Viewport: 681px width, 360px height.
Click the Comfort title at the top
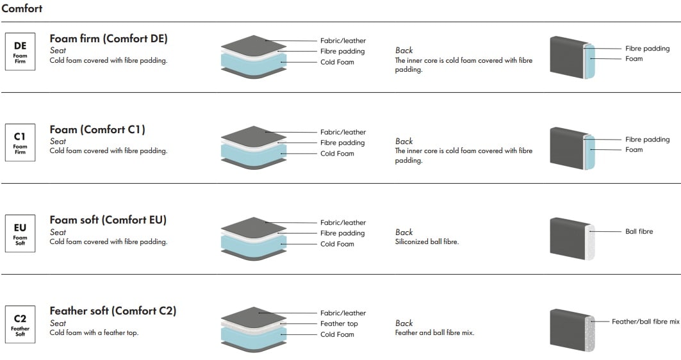pos(22,9)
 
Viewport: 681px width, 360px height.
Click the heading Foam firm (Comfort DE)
pos(108,38)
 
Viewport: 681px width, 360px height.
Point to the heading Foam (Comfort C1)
pos(97,129)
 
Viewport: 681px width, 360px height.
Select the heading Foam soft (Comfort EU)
pos(108,220)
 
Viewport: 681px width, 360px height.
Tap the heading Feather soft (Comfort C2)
pos(113,311)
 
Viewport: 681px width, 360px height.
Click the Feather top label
pos(339,323)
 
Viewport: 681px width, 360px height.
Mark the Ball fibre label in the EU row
pos(639,231)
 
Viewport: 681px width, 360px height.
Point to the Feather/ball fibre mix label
pos(645,322)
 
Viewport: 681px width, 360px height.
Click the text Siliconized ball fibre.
pos(427,241)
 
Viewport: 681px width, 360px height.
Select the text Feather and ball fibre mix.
pos(434,332)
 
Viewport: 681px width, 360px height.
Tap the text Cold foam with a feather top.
pos(94,332)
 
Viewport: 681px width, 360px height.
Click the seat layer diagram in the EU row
pos(254,238)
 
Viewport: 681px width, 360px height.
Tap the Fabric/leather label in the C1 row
pos(343,132)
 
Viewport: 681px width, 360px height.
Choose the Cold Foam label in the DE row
pos(337,62)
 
